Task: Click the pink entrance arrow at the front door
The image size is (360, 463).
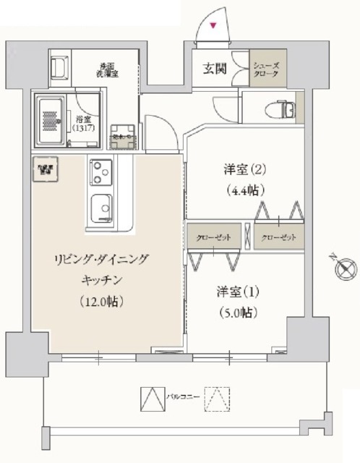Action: [213, 27]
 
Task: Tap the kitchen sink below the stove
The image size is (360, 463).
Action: [101, 208]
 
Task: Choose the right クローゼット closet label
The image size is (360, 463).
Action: [279, 236]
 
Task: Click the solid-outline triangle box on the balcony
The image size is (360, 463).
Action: [150, 399]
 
